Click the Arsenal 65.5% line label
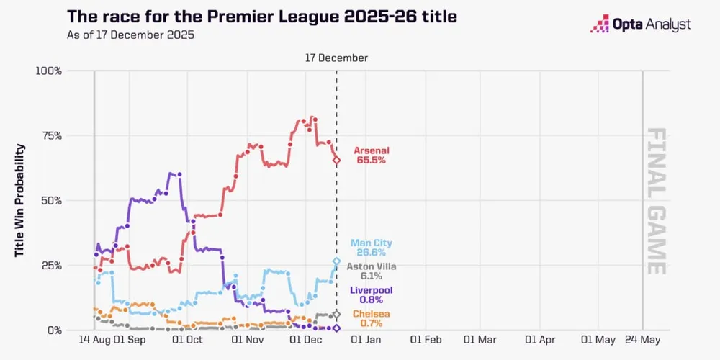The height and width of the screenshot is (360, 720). [372, 155]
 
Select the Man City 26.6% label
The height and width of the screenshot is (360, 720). [372, 248]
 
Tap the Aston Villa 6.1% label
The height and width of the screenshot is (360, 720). [372, 271]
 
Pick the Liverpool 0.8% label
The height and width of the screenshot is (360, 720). [372, 294]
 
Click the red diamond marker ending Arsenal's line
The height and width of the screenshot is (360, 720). [336, 160]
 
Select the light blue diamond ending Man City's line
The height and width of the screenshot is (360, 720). [336, 261]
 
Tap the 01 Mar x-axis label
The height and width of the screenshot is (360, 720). [480, 339]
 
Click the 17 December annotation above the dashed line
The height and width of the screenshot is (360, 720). [336, 58]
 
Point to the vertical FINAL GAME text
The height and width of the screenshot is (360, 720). [655, 201]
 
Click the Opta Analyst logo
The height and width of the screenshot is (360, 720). [640, 24]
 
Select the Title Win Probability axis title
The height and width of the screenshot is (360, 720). [21, 200]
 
